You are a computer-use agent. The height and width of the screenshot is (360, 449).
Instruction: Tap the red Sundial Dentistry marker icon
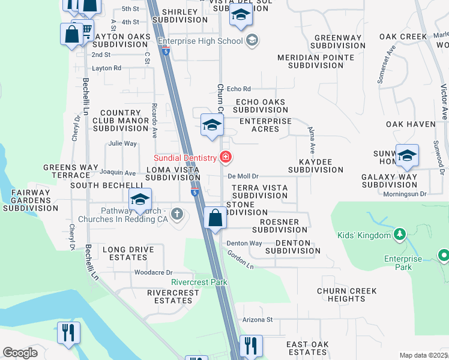[x=226, y=158]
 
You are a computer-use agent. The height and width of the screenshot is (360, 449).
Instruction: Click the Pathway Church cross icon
[x=176, y=214]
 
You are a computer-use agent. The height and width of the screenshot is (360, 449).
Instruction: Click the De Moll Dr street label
[x=243, y=176]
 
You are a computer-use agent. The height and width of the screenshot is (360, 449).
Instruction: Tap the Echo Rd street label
[x=238, y=89]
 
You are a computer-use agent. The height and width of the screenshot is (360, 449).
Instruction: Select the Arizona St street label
[x=258, y=320]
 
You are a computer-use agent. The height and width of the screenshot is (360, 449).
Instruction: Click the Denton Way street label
[x=244, y=243]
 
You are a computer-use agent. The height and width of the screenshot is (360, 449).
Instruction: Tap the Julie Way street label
[x=122, y=143]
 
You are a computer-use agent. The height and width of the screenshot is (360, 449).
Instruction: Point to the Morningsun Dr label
[x=405, y=194]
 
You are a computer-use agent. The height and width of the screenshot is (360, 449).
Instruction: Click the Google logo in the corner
[x=20, y=353]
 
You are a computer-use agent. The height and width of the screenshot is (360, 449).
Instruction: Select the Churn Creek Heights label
[x=347, y=295]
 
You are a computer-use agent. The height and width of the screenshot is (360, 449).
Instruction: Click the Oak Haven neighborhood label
[x=411, y=124]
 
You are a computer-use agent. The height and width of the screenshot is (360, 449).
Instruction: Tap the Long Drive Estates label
[x=128, y=253]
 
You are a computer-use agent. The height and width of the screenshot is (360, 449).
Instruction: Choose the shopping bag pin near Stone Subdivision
[x=214, y=218]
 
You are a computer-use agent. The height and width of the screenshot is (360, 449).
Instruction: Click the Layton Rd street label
[x=106, y=68]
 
